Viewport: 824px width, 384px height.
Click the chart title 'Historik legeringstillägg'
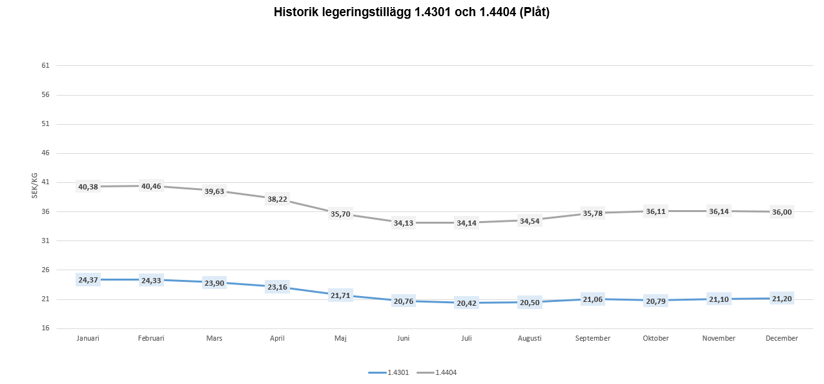[x=411, y=12]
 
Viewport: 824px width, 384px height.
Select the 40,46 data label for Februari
[x=151, y=186]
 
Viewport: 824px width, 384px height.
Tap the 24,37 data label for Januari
[x=88, y=280]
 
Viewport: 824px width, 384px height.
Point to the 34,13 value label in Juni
[x=404, y=223]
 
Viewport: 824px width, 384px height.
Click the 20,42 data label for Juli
[x=466, y=303]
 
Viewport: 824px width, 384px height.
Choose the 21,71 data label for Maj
[x=340, y=295]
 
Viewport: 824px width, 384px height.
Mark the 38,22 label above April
[x=277, y=199]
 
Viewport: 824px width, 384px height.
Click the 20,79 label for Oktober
[x=655, y=301]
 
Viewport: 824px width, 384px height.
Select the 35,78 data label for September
[x=592, y=213]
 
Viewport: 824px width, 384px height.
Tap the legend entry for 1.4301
[x=389, y=372]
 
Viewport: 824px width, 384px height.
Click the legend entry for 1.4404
[x=437, y=372]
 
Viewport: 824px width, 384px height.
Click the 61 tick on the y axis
[x=45, y=66]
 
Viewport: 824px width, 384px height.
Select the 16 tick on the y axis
[x=45, y=328]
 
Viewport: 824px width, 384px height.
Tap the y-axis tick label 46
[x=45, y=153]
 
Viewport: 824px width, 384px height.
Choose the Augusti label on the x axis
[x=530, y=338]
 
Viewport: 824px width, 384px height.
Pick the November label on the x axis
[x=719, y=338]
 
